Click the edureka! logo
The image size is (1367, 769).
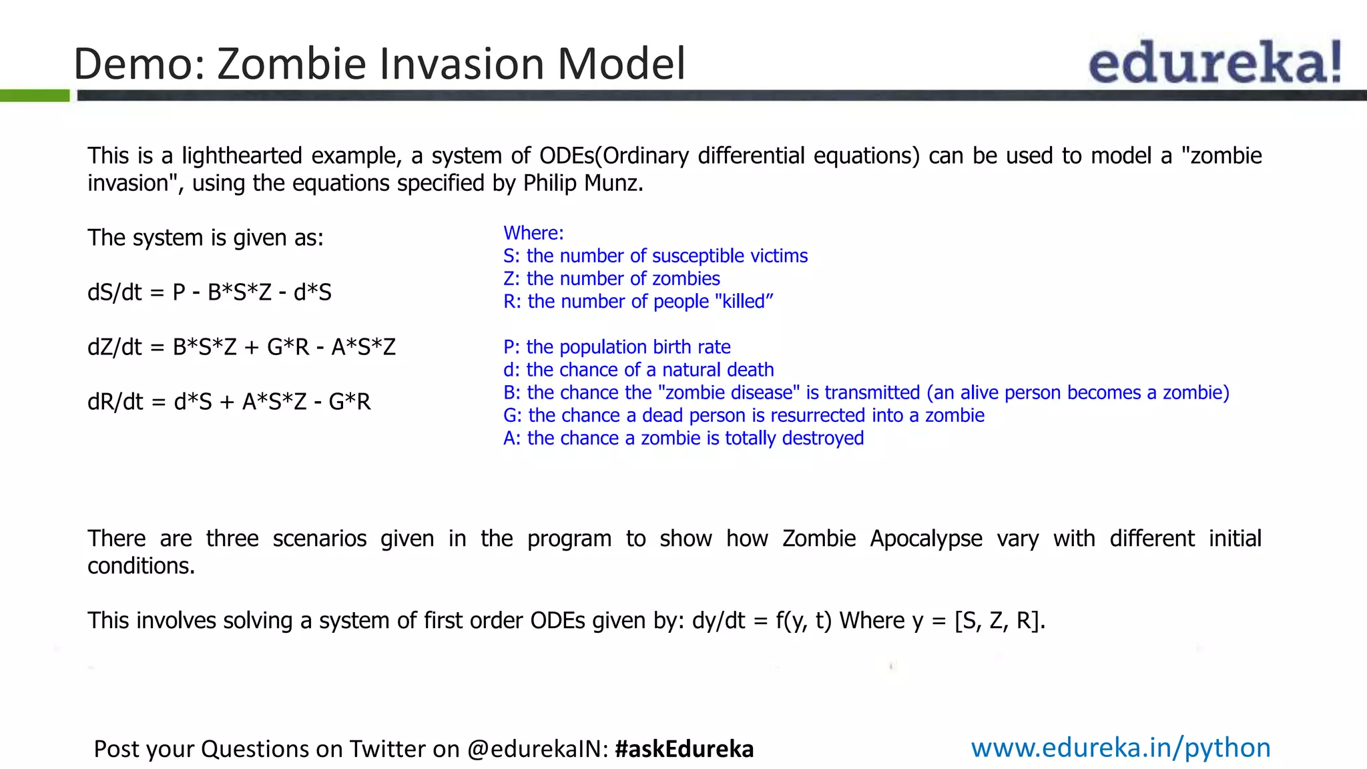[1215, 62]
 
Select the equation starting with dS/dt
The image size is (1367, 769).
[209, 292]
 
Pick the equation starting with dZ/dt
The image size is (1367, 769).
[241, 347]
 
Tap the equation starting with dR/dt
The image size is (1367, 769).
[228, 402]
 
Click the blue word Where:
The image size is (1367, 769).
[533, 233]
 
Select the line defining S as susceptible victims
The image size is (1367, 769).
[655, 256]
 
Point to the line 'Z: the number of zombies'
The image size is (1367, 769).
[611, 278]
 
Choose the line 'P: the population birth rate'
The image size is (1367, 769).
[617, 347]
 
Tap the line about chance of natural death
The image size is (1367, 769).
[638, 370]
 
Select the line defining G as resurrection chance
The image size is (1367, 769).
[744, 415]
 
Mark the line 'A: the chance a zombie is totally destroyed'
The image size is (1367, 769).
[683, 438]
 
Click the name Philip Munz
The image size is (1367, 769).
[582, 183]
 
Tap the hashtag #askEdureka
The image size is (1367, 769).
[684, 749]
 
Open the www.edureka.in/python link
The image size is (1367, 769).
[1121, 748]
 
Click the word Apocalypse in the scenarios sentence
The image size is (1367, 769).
[926, 539]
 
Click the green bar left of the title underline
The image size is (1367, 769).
[35, 95]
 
